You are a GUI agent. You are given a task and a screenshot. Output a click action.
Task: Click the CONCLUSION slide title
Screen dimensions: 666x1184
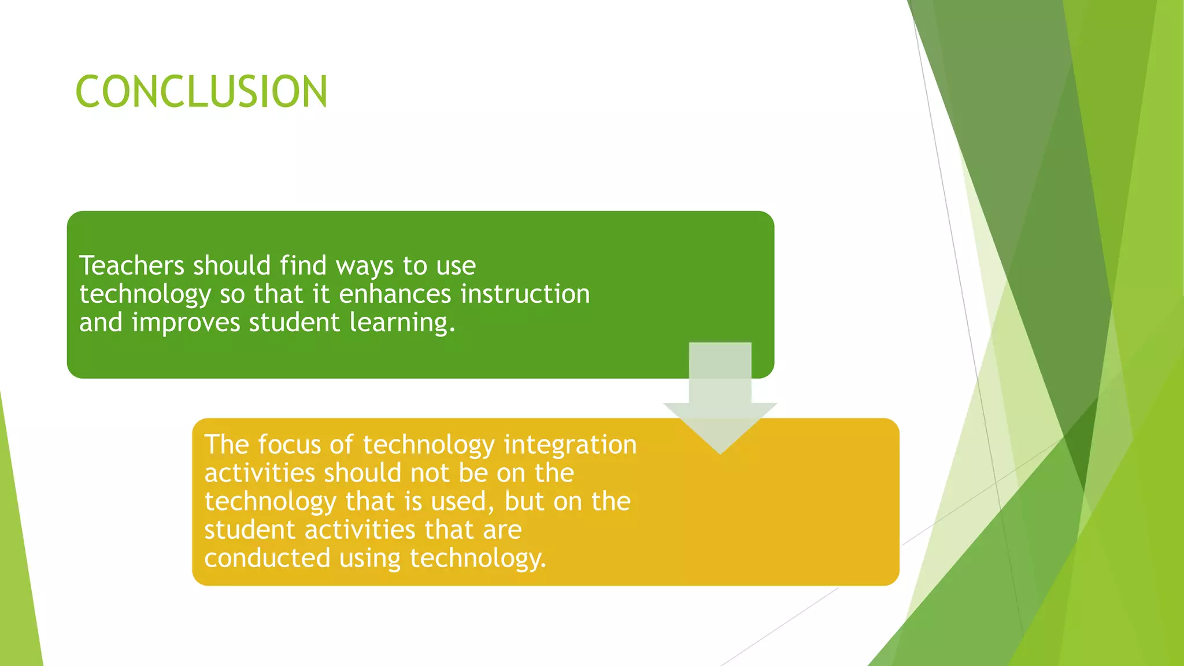coord(201,91)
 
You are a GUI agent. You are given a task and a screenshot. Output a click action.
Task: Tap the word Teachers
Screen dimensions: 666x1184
coord(131,265)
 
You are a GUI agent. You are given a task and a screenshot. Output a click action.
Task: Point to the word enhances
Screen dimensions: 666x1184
coord(394,294)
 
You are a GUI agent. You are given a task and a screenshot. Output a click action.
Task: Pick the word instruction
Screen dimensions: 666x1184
coord(525,294)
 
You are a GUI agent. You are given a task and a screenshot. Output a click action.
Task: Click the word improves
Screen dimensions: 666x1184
coord(186,323)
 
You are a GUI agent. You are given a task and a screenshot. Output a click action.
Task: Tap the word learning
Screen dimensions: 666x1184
coord(402,323)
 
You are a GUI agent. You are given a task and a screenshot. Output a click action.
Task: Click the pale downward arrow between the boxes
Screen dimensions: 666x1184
coord(720,399)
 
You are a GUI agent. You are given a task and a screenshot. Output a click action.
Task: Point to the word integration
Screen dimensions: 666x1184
coord(570,445)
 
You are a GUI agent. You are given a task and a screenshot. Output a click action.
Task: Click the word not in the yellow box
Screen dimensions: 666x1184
coord(430,473)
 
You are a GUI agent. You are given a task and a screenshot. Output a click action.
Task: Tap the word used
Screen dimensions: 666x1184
coord(463,501)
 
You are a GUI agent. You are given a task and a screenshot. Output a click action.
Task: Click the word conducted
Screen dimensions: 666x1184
coord(267,558)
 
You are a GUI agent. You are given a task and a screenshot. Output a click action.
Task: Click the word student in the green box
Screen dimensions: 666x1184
coord(294,322)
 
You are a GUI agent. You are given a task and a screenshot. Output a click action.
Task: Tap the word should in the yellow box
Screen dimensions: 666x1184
coord(362,473)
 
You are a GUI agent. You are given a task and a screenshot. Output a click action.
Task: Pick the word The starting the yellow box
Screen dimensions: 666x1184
coord(227,445)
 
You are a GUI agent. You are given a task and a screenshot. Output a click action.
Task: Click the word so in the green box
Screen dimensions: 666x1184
coord(232,294)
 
